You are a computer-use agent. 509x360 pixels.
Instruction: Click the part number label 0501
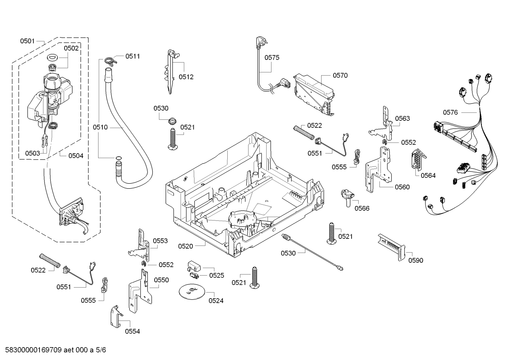(27, 41)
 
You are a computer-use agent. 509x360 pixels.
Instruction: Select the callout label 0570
(340, 75)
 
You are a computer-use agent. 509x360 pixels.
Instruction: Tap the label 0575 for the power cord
(272, 58)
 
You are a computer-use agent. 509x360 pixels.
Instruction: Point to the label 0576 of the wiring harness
(450, 112)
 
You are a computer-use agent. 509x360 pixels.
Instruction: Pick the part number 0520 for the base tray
(185, 246)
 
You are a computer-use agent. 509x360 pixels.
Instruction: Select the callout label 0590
(415, 260)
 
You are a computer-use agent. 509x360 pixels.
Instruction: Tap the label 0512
(186, 77)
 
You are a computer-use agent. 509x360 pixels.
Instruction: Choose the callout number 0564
(428, 175)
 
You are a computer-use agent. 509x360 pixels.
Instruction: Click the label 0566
(362, 208)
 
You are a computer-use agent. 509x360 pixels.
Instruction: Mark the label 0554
(132, 331)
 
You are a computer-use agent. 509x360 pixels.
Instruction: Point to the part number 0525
(216, 276)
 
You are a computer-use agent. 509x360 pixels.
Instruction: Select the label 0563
(402, 118)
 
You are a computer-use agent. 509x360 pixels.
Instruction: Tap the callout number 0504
(76, 155)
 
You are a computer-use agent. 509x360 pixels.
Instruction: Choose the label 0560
(402, 187)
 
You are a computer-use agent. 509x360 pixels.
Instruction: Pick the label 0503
(32, 153)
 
